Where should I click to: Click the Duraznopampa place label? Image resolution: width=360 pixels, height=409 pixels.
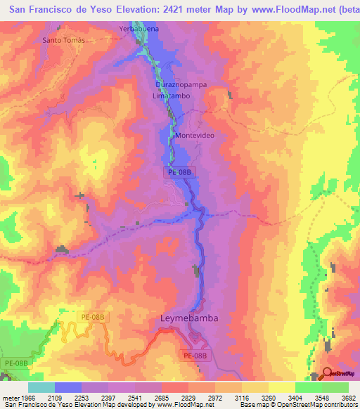179,83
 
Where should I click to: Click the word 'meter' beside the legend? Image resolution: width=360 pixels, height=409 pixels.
8,398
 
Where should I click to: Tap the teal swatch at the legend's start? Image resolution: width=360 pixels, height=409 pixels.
41,387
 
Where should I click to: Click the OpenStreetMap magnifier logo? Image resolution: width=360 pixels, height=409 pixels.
326,375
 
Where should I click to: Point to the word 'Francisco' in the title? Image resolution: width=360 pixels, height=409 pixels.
57,9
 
